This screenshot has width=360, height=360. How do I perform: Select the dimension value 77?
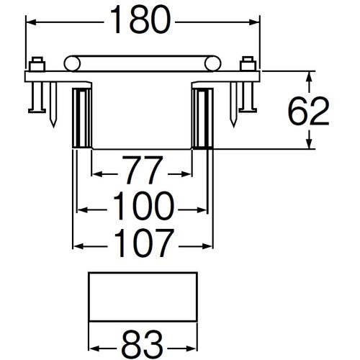point(143,174)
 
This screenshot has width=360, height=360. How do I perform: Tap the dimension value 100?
point(144,209)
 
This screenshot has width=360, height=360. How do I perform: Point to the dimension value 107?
point(144,244)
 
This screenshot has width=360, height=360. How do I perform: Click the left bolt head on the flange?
point(37,62)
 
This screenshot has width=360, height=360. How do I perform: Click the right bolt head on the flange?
point(248,62)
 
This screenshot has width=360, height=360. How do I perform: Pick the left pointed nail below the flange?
point(53,104)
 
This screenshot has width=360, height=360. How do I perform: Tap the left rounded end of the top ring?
point(71,63)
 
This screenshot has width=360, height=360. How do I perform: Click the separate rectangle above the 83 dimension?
point(143,297)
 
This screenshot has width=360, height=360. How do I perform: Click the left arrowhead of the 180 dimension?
point(32,23)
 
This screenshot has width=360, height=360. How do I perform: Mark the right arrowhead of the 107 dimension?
point(208,244)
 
